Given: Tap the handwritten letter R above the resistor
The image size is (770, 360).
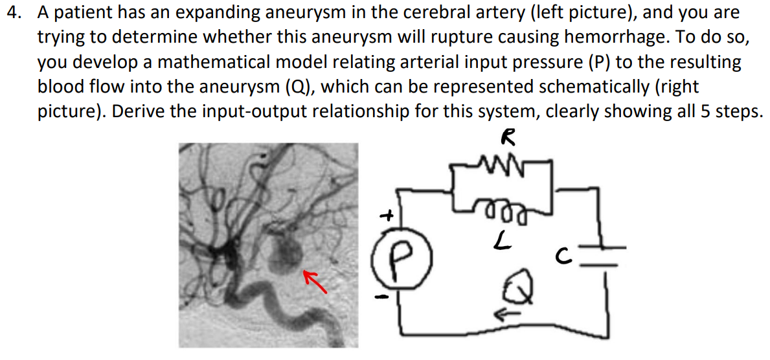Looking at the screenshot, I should [509, 137].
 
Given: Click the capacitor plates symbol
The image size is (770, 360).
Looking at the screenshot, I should [606, 255].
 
